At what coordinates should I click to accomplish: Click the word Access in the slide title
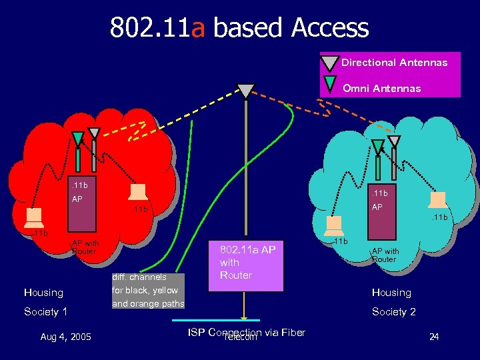(x=329, y=27)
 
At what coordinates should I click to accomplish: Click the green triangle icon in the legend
(x=330, y=84)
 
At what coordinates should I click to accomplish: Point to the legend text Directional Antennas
(x=394, y=63)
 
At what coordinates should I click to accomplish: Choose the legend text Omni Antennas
(x=381, y=88)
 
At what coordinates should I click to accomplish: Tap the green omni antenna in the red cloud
(x=78, y=138)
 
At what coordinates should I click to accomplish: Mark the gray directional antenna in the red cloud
(x=94, y=135)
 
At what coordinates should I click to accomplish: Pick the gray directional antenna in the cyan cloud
(x=395, y=141)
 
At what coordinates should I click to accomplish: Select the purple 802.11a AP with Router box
(x=247, y=265)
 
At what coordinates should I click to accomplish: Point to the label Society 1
(x=46, y=312)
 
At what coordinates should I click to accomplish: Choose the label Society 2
(x=394, y=312)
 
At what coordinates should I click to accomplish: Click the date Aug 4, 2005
(x=65, y=336)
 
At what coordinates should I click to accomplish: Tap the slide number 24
(x=434, y=337)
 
